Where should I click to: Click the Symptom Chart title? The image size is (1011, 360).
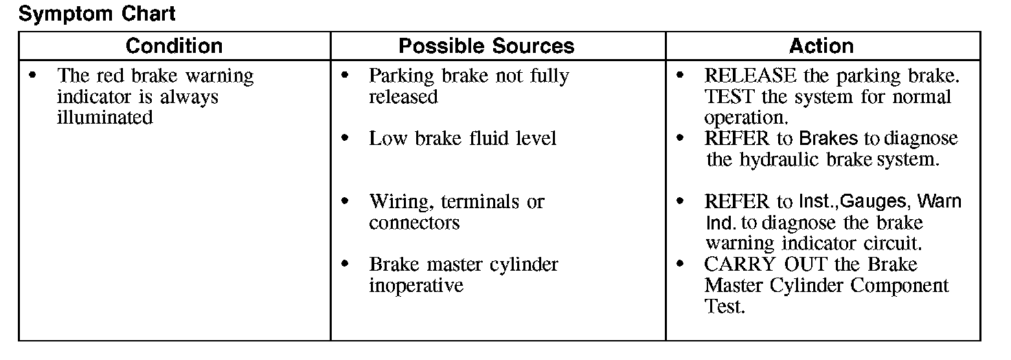98,14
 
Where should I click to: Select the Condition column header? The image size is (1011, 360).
174,46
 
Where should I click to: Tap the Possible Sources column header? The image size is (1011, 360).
486,46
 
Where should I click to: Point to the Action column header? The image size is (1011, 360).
821,46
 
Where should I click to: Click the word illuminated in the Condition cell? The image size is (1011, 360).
105,117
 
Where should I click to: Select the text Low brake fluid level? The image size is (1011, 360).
463,139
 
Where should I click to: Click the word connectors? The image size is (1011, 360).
414,223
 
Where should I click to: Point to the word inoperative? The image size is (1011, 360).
416,286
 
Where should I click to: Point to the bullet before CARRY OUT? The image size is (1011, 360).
681,265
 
